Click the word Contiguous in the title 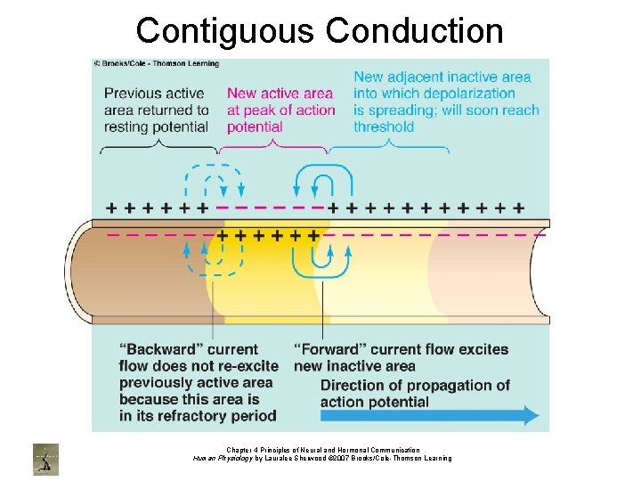coord(226,30)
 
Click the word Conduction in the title coord(415,30)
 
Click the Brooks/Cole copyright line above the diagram coord(156,64)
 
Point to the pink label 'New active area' coord(280,93)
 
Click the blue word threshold coord(384,126)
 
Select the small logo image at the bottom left coord(45,457)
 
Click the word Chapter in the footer coord(240,450)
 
